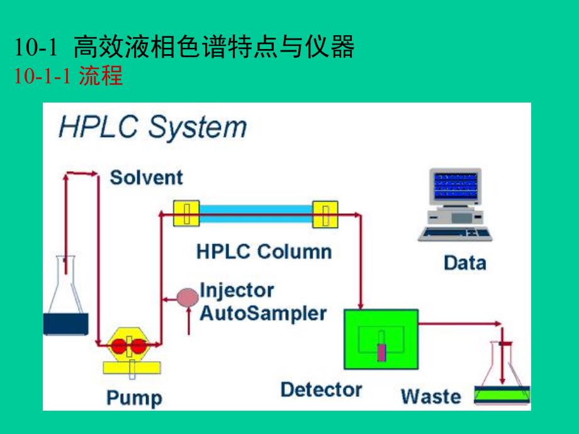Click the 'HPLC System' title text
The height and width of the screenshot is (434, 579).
tap(152, 128)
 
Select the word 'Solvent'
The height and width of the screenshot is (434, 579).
tap(146, 177)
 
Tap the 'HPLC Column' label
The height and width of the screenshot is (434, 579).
tap(264, 252)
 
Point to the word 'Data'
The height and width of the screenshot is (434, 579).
tap(464, 262)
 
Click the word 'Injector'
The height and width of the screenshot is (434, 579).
tap(237, 290)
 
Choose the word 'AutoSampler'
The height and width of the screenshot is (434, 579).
tap(263, 313)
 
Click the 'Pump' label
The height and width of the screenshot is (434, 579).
tap(133, 398)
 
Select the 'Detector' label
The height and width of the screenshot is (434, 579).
tap(321, 389)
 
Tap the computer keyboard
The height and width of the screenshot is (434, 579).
tap(455, 233)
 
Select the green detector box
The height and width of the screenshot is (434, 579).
tap(381, 339)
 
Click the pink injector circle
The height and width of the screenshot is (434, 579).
tap(187, 296)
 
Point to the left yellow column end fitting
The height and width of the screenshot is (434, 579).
tap(186, 213)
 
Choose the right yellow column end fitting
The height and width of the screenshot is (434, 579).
tap(325, 213)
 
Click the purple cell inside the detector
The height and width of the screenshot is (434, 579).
tap(381, 352)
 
